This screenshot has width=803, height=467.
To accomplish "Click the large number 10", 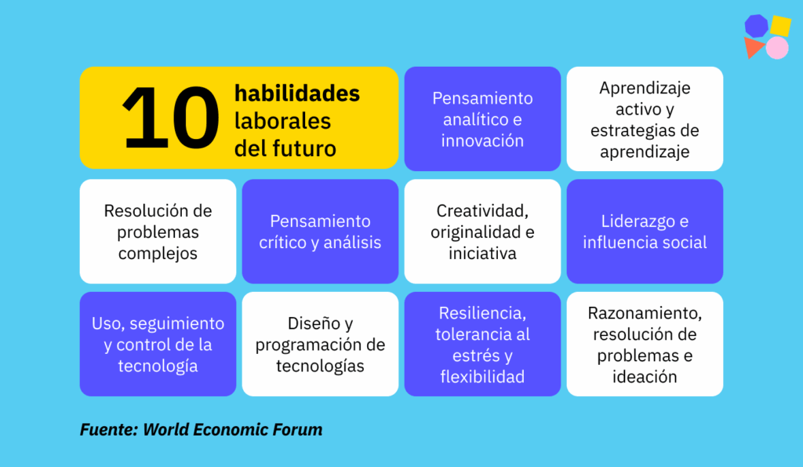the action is [x=171, y=118].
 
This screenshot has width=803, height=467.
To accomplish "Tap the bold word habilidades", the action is [x=297, y=93].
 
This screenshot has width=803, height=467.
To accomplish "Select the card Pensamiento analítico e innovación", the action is [x=482, y=119].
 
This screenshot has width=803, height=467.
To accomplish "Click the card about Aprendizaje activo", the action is [x=645, y=119].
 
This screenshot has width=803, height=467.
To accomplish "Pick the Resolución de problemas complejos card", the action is [x=158, y=232].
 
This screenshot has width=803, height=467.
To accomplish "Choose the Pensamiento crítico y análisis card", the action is [x=320, y=232].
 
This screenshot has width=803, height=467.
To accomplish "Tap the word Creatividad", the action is [x=482, y=210].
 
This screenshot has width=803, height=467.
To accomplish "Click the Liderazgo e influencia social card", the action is [x=645, y=232].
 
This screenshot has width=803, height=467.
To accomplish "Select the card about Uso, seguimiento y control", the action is [x=158, y=344].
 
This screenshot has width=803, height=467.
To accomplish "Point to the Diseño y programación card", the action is [x=320, y=344].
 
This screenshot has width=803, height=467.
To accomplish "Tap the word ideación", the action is [x=645, y=377].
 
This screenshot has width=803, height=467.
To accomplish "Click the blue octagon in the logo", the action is [x=756, y=26].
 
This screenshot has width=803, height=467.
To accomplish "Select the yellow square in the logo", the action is [x=780, y=26].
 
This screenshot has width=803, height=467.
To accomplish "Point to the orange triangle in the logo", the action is [x=754, y=47].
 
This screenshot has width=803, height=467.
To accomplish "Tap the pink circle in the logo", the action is [x=777, y=48].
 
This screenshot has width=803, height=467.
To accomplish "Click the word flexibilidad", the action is [x=482, y=377].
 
